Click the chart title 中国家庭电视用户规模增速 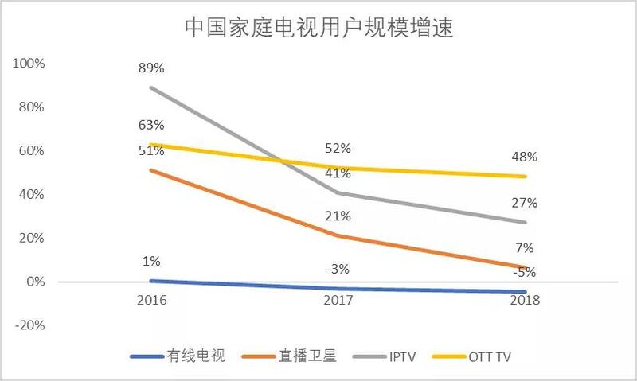click(318, 28)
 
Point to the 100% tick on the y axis click(29, 63)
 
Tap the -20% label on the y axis click(29, 325)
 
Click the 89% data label click(151, 69)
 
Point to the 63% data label click(151, 125)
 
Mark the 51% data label click(151, 151)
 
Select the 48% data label click(525, 157)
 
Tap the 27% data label click(525, 203)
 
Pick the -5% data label click(525, 273)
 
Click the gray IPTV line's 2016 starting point click(151, 87)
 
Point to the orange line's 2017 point click(338, 235)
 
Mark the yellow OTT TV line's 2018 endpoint click(525, 177)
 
